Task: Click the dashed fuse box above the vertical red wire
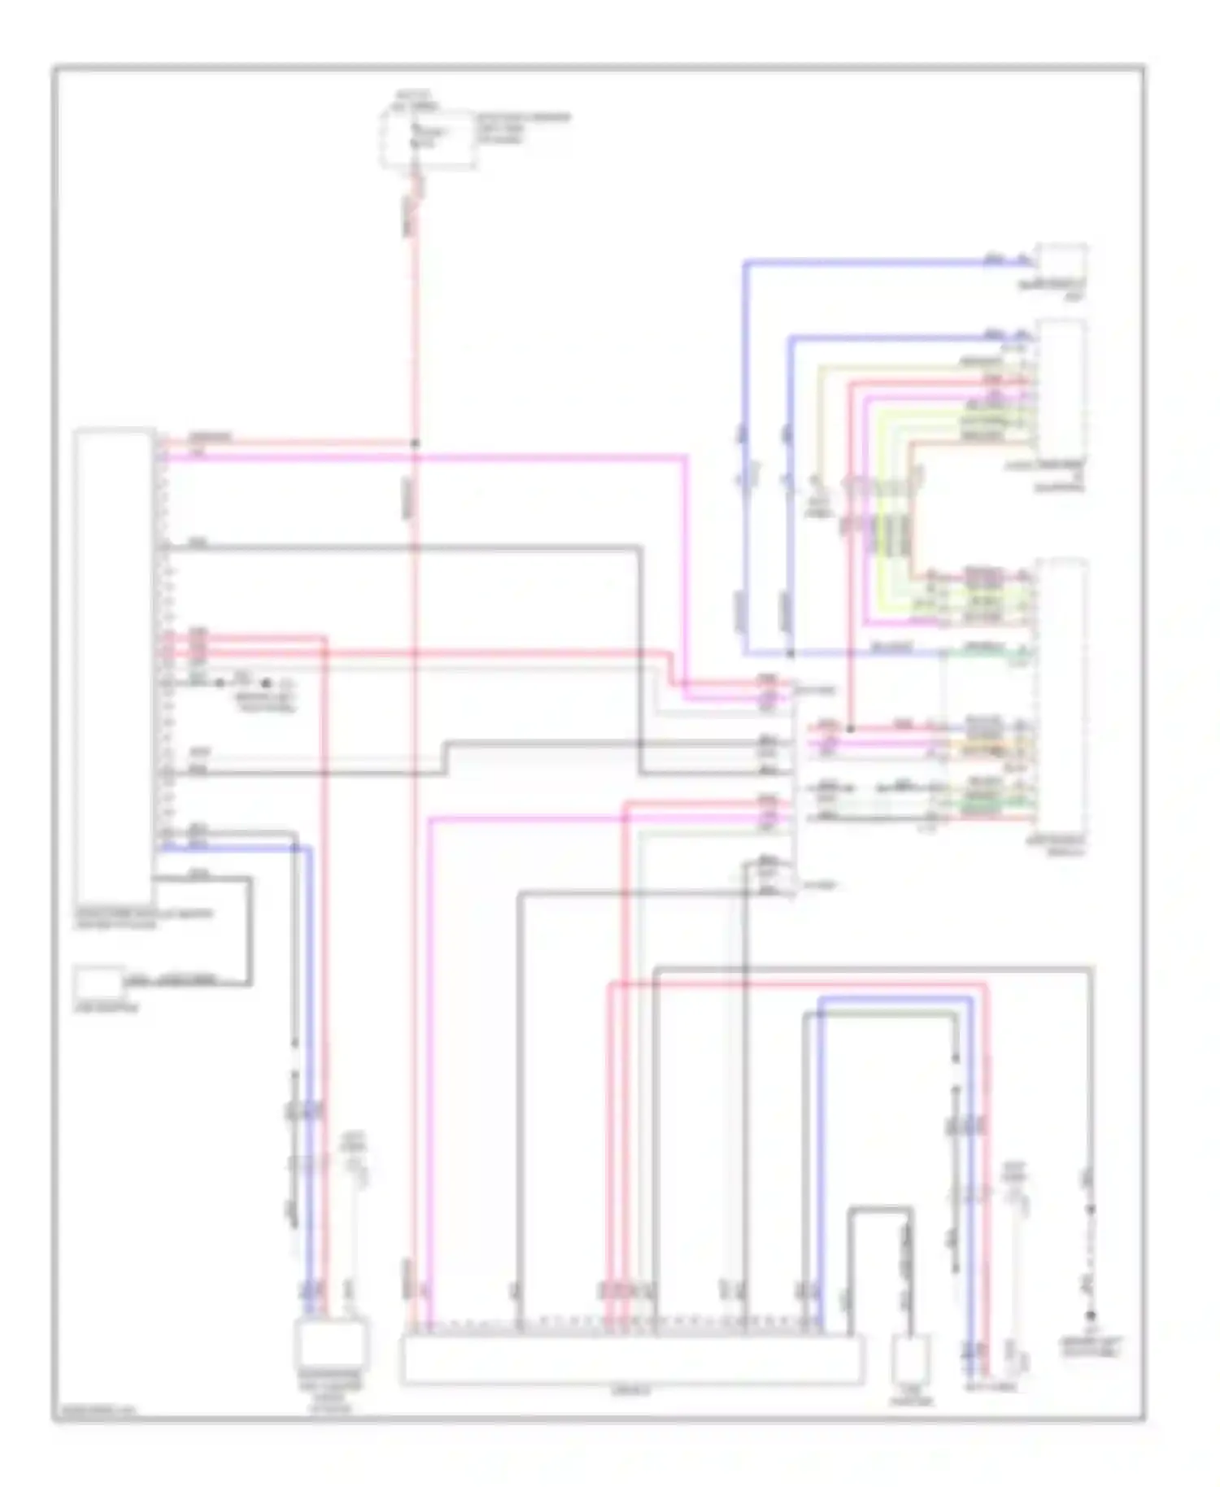click(429, 140)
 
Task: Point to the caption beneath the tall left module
click(143, 918)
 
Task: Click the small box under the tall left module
click(99, 983)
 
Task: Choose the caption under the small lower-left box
click(107, 1008)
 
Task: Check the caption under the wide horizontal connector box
click(630, 1391)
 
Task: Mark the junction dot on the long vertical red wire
click(415, 444)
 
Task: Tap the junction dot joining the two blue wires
click(790, 653)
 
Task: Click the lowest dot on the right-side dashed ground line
click(1091, 1315)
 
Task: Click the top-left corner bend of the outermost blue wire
click(745, 263)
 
